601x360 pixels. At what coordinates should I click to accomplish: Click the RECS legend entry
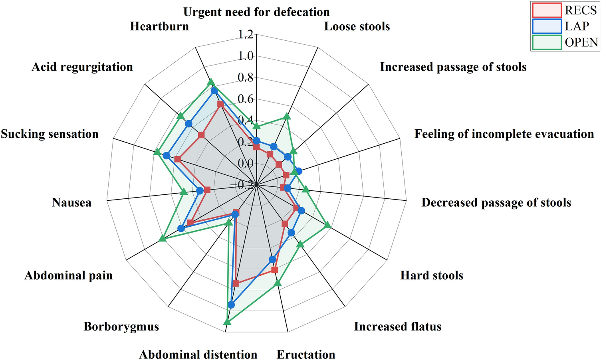coord(565,10)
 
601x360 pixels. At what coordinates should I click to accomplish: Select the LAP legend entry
coord(565,26)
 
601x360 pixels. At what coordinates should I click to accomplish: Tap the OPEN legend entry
coord(565,42)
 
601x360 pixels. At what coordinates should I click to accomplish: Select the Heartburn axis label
coord(159,26)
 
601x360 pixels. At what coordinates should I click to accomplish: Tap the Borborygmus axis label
coord(121,326)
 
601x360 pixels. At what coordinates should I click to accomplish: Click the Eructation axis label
coord(306,354)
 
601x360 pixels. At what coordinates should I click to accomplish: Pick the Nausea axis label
coord(71,203)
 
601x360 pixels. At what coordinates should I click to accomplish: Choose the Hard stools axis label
coord(432,275)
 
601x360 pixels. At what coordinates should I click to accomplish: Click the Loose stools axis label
coord(357,26)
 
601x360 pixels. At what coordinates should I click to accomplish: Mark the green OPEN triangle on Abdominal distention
coord(227,322)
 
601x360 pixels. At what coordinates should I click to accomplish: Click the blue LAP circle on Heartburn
coord(214,91)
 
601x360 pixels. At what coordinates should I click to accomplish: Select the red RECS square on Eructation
coord(274,270)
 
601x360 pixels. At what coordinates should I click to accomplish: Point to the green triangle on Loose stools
coord(287,117)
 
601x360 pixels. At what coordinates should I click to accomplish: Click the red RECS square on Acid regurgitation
coord(201,136)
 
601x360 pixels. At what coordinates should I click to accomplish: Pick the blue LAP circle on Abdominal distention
coord(231,305)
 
